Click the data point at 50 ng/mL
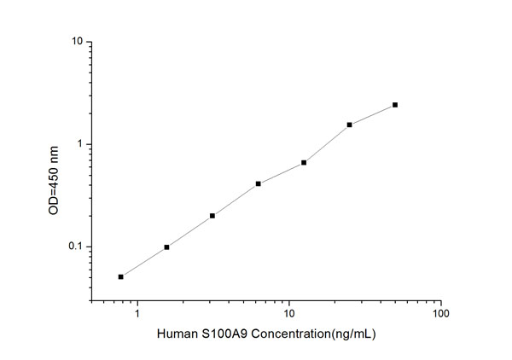(x=395, y=105)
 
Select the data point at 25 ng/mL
(x=350, y=125)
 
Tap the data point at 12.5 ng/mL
(x=304, y=162)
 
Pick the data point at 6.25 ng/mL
(x=258, y=183)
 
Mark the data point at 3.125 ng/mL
(x=212, y=215)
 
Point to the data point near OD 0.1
(x=166, y=247)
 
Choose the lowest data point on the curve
(x=121, y=276)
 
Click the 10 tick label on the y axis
(x=76, y=41)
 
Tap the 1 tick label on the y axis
(x=79, y=144)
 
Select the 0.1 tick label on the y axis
(x=74, y=247)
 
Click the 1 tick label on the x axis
(x=137, y=315)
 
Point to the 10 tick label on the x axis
(x=288, y=315)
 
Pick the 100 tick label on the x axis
(x=440, y=315)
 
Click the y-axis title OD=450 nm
(x=54, y=171)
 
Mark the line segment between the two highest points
(x=373, y=114)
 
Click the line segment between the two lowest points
(x=143, y=262)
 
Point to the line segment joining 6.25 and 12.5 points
(x=281, y=173)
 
